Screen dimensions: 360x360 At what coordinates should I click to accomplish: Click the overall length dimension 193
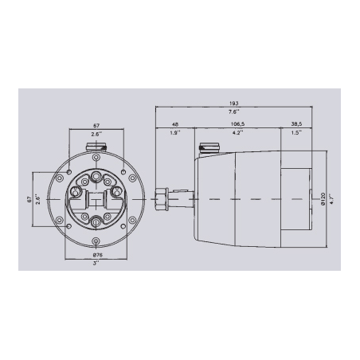(234, 103)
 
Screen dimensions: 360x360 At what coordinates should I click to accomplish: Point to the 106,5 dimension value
(236, 123)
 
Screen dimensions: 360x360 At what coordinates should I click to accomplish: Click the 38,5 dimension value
(296, 123)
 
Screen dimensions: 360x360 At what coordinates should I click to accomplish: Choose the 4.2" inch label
(236, 133)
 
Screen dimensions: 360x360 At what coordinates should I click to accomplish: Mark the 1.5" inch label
(296, 133)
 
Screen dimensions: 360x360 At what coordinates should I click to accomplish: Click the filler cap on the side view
(209, 147)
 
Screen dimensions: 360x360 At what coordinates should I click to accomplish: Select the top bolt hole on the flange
(96, 155)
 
